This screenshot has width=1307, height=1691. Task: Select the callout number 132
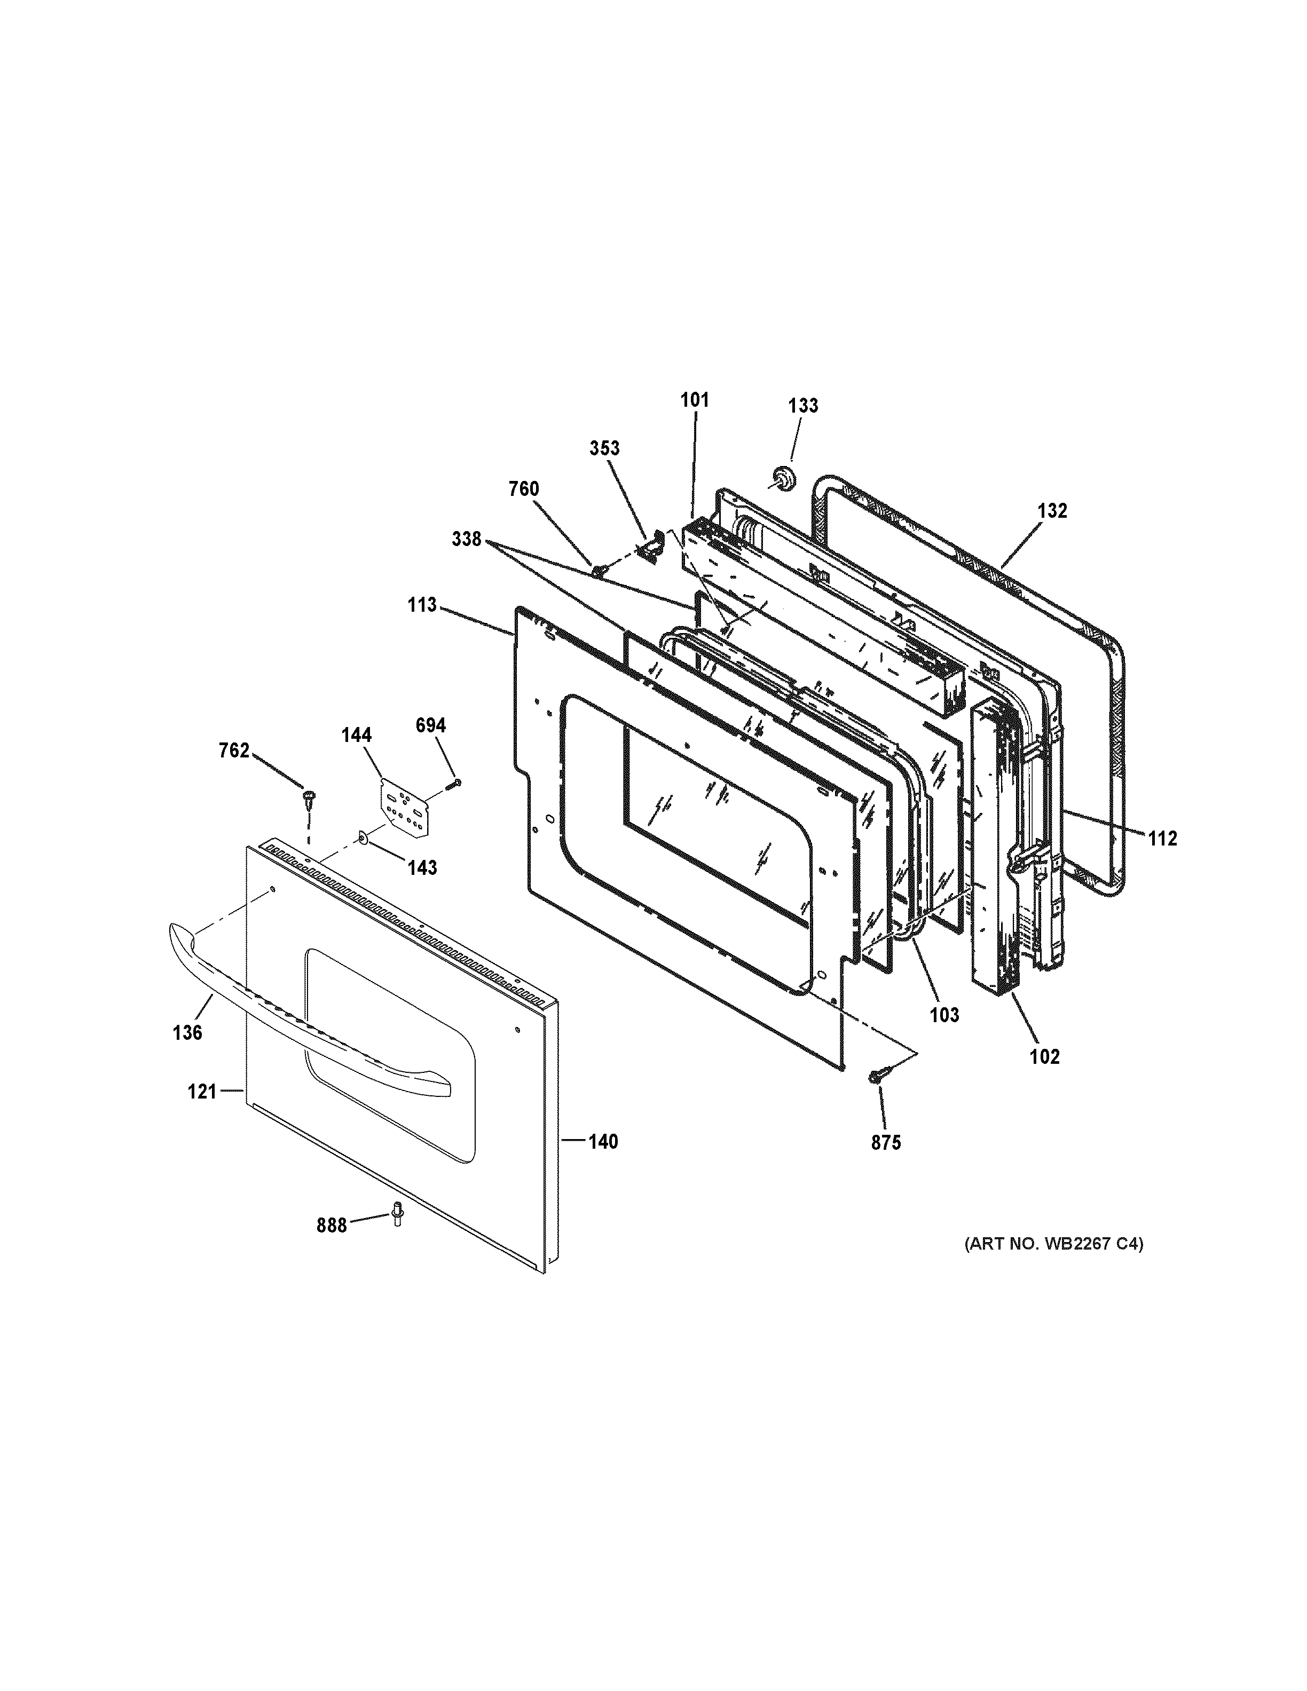coord(1052,511)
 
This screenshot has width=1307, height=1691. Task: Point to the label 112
coord(1161,839)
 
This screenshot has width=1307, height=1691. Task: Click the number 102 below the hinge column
coord(1044,1056)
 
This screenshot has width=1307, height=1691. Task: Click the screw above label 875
coord(879,1076)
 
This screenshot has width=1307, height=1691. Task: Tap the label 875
coord(886,1143)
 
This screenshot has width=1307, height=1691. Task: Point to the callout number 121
coord(201,1092)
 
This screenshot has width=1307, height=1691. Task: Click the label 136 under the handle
coord(187,1032)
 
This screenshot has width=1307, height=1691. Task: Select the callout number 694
coord(430,725)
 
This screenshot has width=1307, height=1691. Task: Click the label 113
coord(423,605)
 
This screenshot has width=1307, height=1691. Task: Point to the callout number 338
coord(467,540)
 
